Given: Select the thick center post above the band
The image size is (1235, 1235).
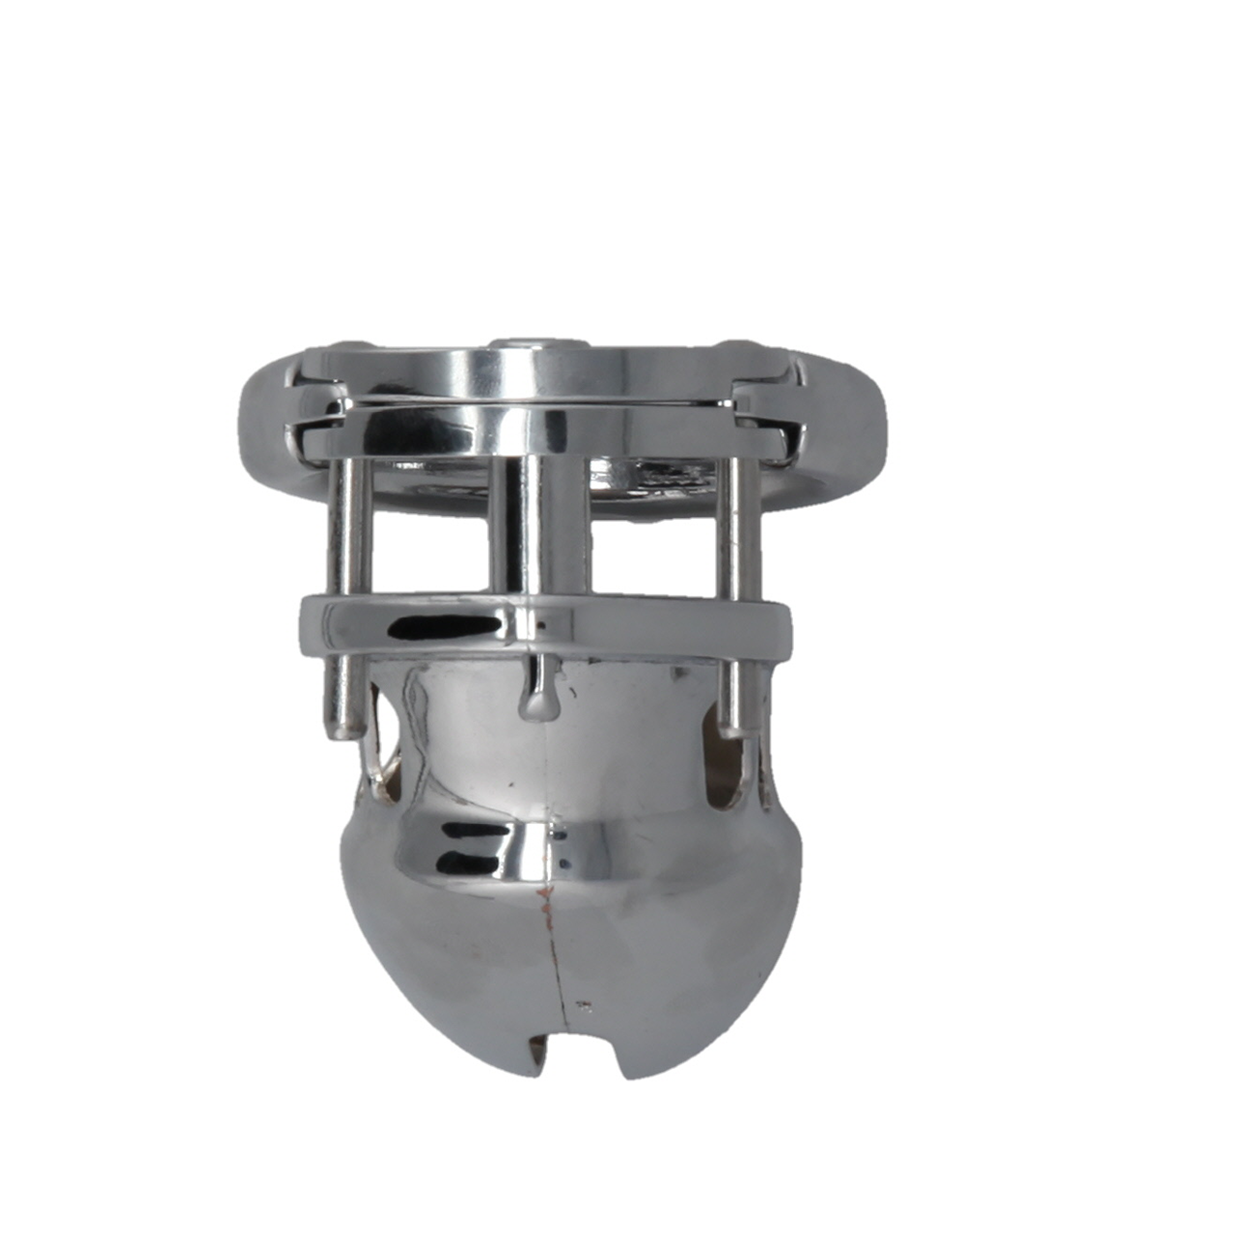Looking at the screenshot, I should pyautogui.click(x=538, y=526).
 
